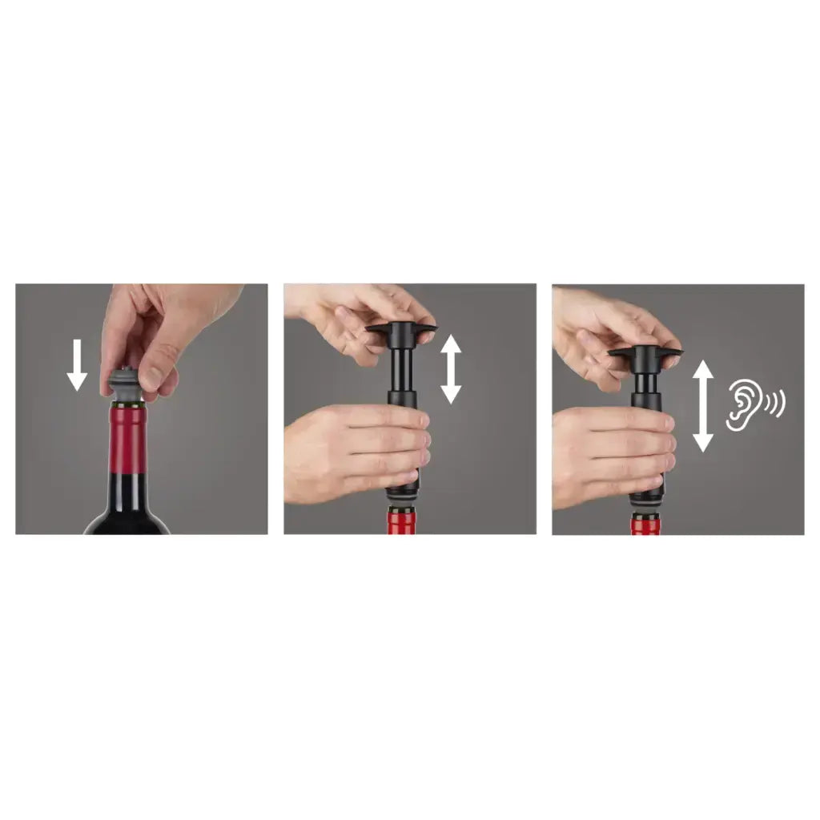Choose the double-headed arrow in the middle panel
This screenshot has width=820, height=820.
[451, 368]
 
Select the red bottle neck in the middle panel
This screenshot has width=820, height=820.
[402, 522]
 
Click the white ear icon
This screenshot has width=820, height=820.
[742, 404]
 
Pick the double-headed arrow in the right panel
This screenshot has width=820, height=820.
[702, 405]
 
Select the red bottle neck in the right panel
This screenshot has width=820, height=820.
[645, 525]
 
